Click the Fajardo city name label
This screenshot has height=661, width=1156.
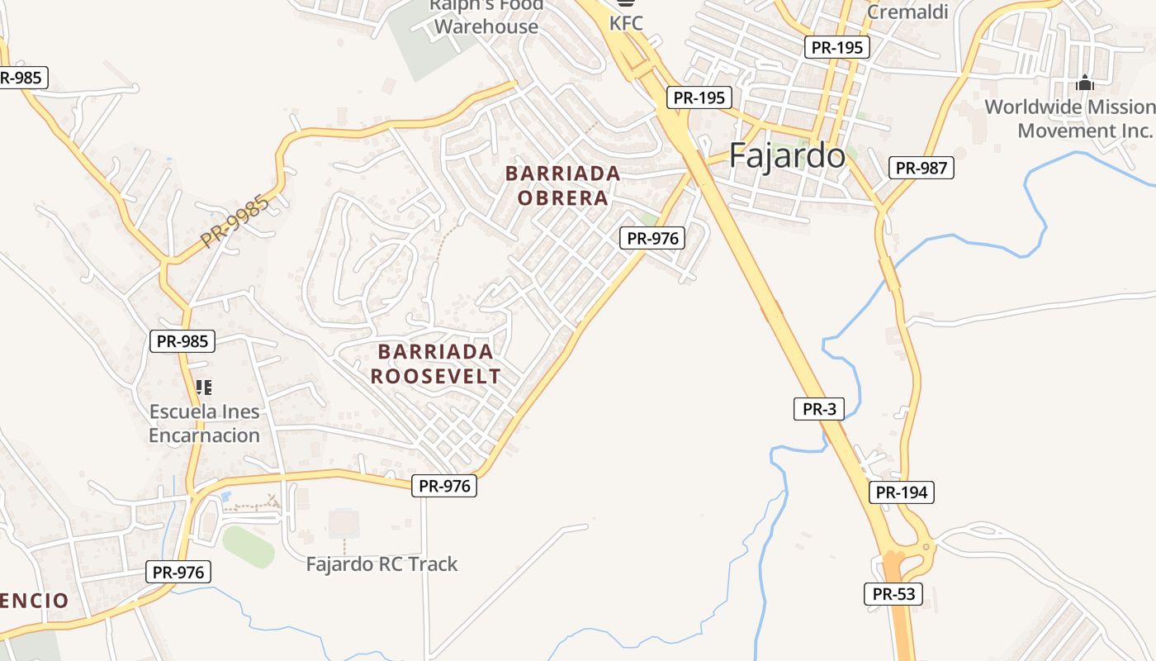coord(787,155)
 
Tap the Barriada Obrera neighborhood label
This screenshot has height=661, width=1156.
coord(563,186)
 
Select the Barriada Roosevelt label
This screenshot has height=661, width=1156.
coord(435,364)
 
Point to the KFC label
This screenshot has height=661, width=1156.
coord(626,23)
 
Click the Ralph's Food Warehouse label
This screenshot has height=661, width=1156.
coord(486,16)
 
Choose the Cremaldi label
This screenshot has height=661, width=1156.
coord(907,12)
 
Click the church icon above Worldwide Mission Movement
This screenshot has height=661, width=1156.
coord(1085,83)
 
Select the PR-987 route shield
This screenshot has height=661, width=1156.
coord(921,168)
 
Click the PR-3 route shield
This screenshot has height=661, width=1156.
coord(819,408)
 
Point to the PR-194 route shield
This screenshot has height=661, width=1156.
coord(902,492)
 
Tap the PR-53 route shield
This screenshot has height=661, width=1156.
coord(893,593)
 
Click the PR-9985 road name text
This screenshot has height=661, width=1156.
coord(235,221)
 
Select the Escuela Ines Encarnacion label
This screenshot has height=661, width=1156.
coord(204,423)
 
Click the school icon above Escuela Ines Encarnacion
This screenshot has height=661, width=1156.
coord(204,386)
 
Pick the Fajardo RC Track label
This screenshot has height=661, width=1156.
coord(381,564)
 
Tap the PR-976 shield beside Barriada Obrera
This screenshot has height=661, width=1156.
coord(652,238)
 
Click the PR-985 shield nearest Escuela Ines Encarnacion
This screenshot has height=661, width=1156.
coord(182,340)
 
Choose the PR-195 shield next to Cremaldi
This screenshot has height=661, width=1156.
coord(837,47)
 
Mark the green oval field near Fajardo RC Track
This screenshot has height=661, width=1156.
coord(248,546)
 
